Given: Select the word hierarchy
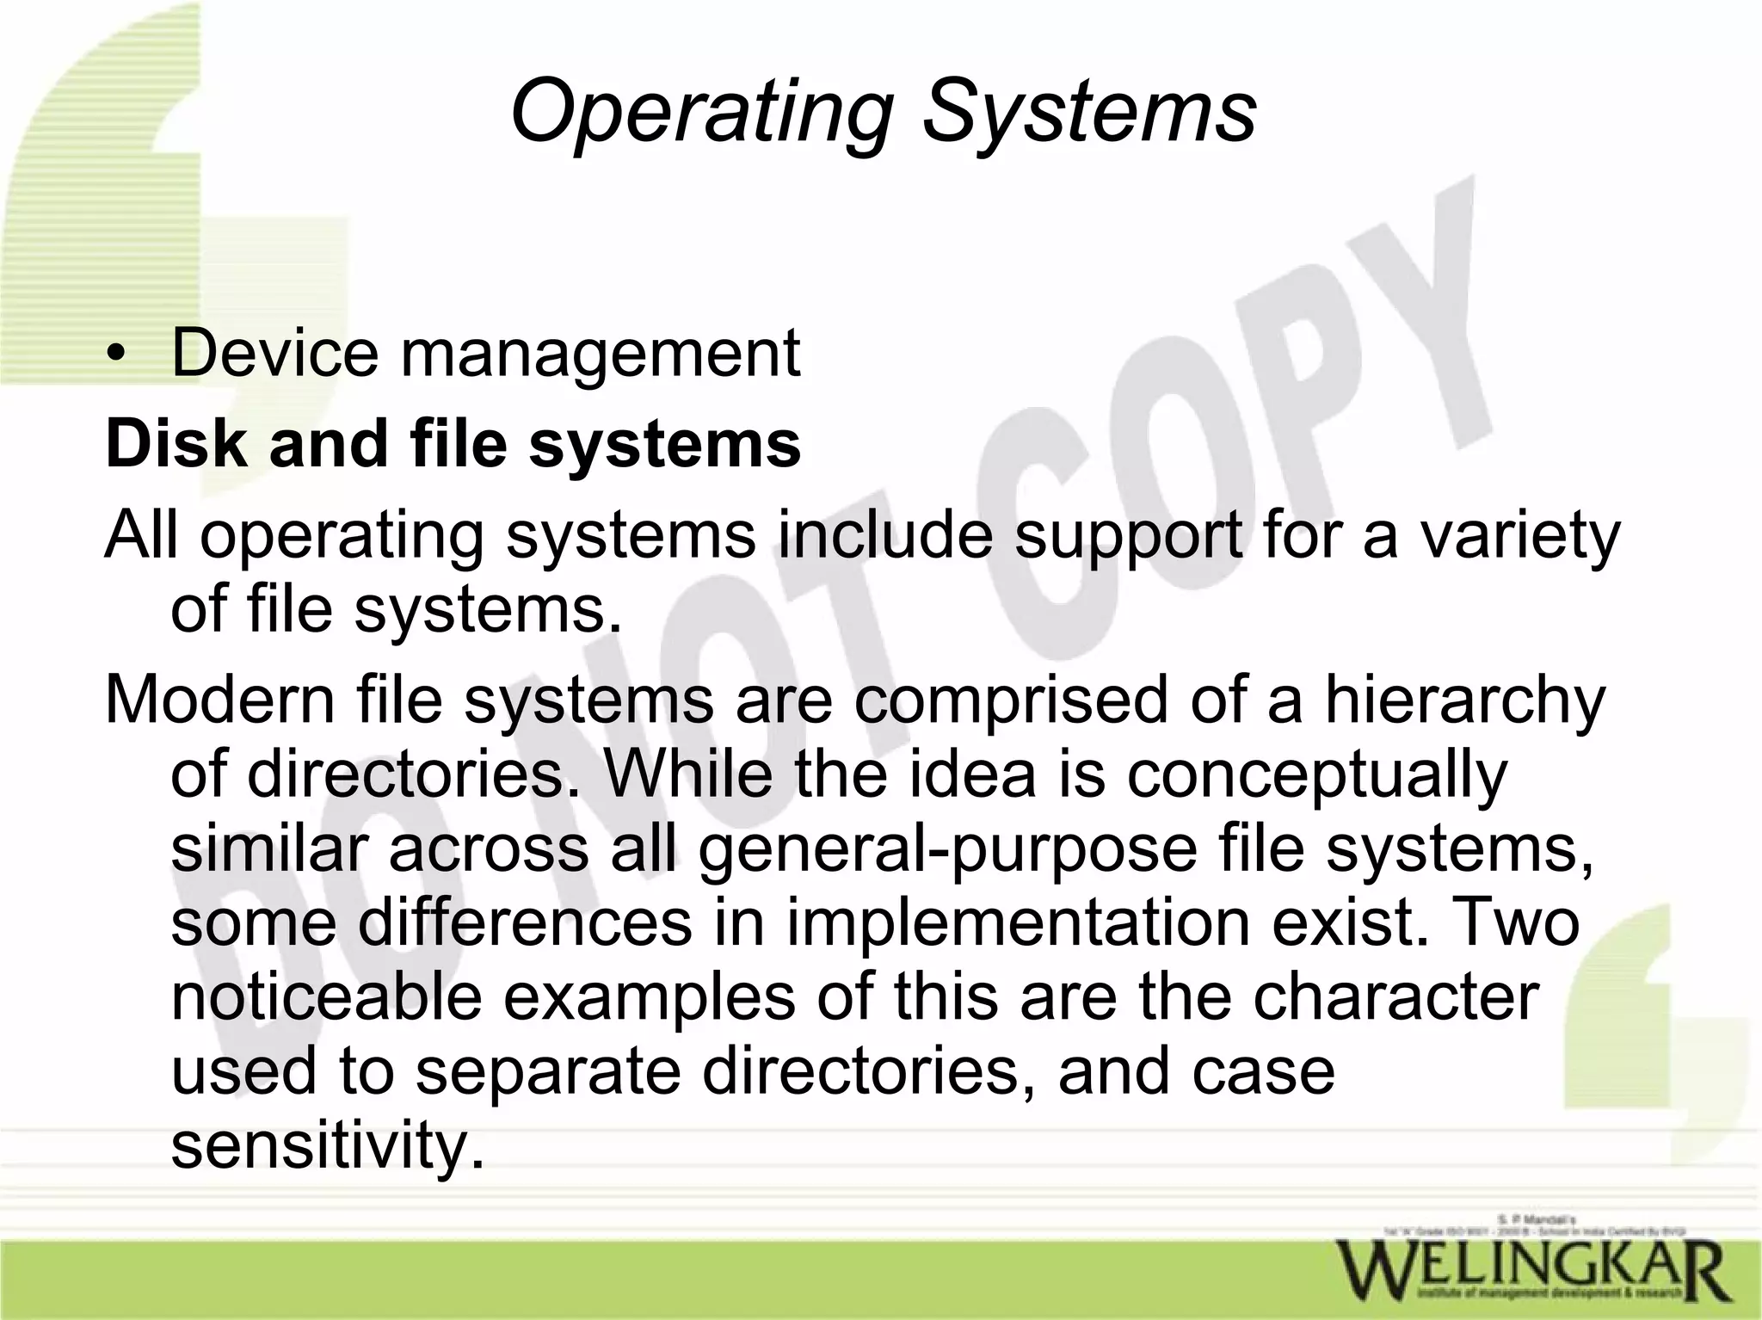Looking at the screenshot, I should pyautogui.click(x=1464, y=702).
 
